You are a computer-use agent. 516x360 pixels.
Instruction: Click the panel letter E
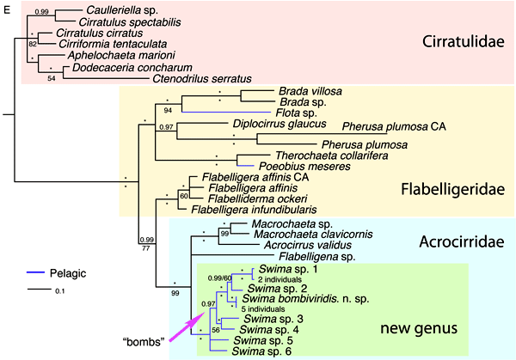tap(7, 6)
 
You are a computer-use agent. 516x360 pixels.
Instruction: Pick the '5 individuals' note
tap(263, 309)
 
